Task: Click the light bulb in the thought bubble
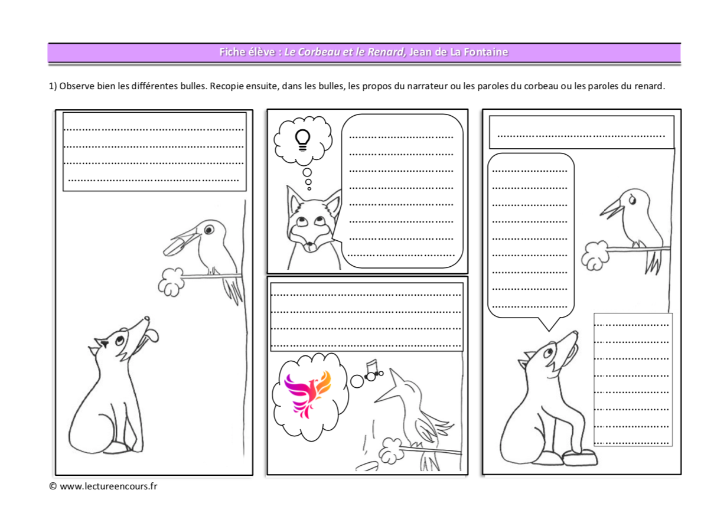(x=302, y=140)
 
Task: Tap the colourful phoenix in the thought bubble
(x=308, y=394)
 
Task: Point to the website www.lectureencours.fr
(x=109, y=486)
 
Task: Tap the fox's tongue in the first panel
(x=151, y=335)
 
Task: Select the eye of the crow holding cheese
(x=208, y=230)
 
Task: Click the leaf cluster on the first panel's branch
(x=171, y=282)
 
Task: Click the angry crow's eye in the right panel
(x=633, y=200)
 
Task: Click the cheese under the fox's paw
(x=579, y=458)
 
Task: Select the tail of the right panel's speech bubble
(x=549, y=324)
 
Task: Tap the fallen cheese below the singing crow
(x=367, y=466)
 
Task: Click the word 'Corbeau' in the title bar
(x=318, y=52)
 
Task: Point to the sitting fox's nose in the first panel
(x=147, y=319)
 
